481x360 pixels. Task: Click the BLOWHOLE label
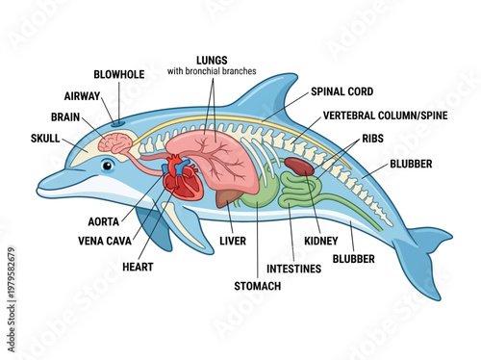(x=119, y=74)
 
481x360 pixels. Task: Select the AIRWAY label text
(x=84, y=96)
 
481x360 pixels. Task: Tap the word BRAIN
(x=66, y=116)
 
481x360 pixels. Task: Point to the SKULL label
(x=45, y=139)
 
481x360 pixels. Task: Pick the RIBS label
(x=371, y=138)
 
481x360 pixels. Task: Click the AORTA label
(x=104, y=221)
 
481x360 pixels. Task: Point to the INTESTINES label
(x=294, y=268)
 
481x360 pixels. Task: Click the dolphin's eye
(x=107, y=165)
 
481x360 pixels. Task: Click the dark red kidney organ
(x=298, y=166)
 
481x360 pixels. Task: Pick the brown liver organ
(x=228, y=197)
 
